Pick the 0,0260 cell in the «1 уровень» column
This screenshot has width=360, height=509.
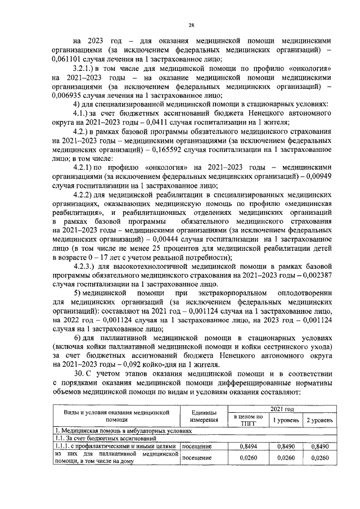pyautogui.click(x=282, y=458)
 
